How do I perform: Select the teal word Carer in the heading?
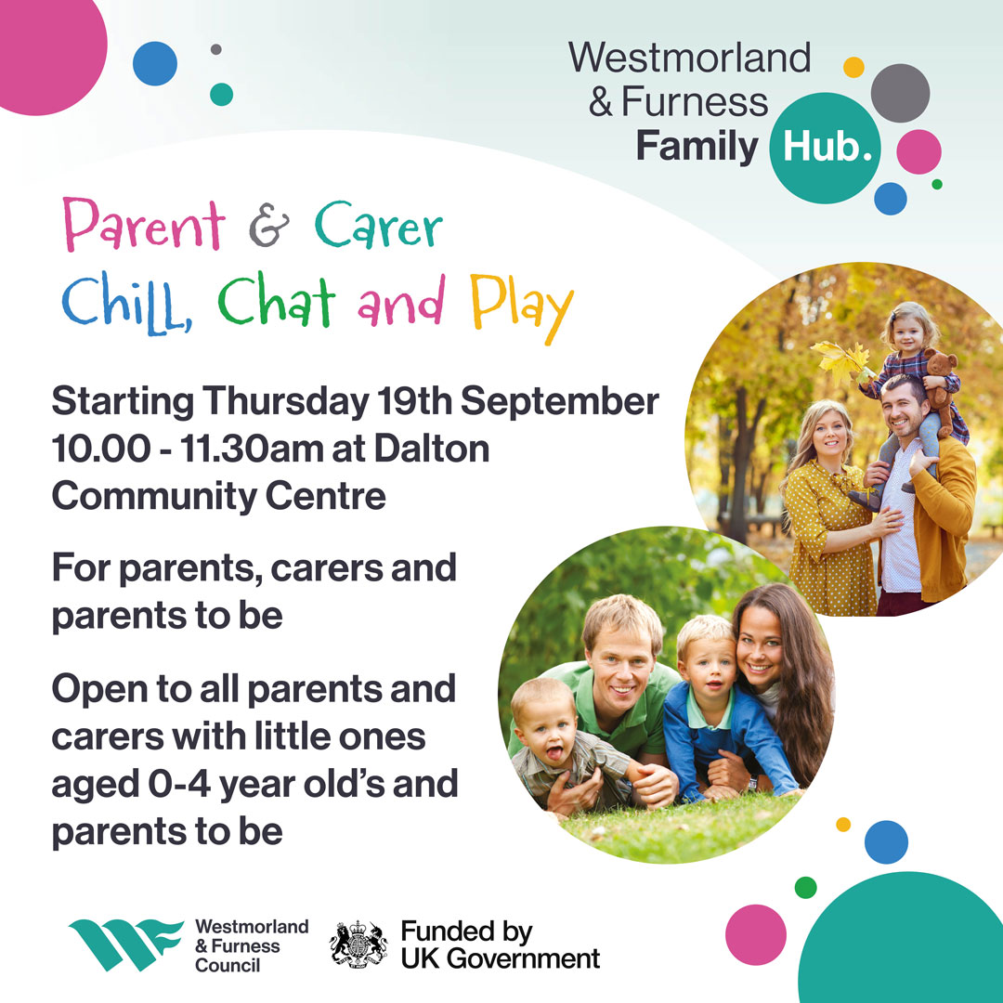[378, 226]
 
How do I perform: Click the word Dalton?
[431, 449]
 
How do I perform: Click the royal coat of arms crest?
[358, 944]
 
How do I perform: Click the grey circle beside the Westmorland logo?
[900, 93]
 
